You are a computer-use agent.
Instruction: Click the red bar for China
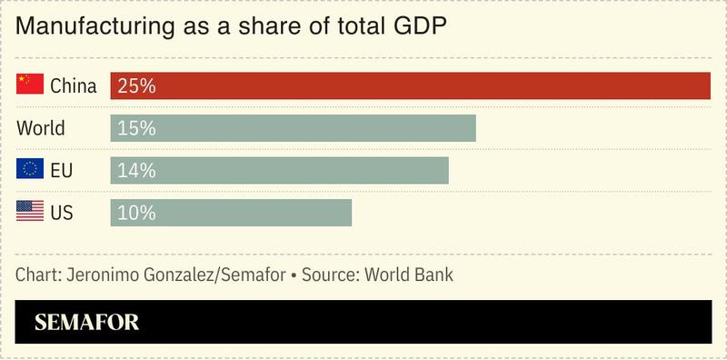[x=409, y=86]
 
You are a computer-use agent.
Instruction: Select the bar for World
[x=293, y=128]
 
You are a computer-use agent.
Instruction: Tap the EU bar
[x=279, y=170]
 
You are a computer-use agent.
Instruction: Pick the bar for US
[x=231, y=212]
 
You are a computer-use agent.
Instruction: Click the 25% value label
[x=136, y=86]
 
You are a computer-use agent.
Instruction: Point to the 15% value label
[x=136, y=128]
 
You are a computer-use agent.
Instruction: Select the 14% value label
[x=136, y=170]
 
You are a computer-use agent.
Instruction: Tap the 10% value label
[x=136, y=212]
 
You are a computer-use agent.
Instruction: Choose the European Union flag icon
[x=30, y=169]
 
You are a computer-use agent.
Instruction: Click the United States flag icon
[x=30, y=211]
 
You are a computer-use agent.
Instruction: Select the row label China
[x=74, y=86]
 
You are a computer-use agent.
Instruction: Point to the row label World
[x=41, y=128]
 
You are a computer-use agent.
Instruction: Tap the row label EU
[x=62, y=170]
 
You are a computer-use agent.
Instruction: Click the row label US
[x=62, y=212]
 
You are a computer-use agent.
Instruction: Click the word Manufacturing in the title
[x=87, y=27]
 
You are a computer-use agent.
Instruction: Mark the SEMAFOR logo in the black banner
[x=86, y=322]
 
